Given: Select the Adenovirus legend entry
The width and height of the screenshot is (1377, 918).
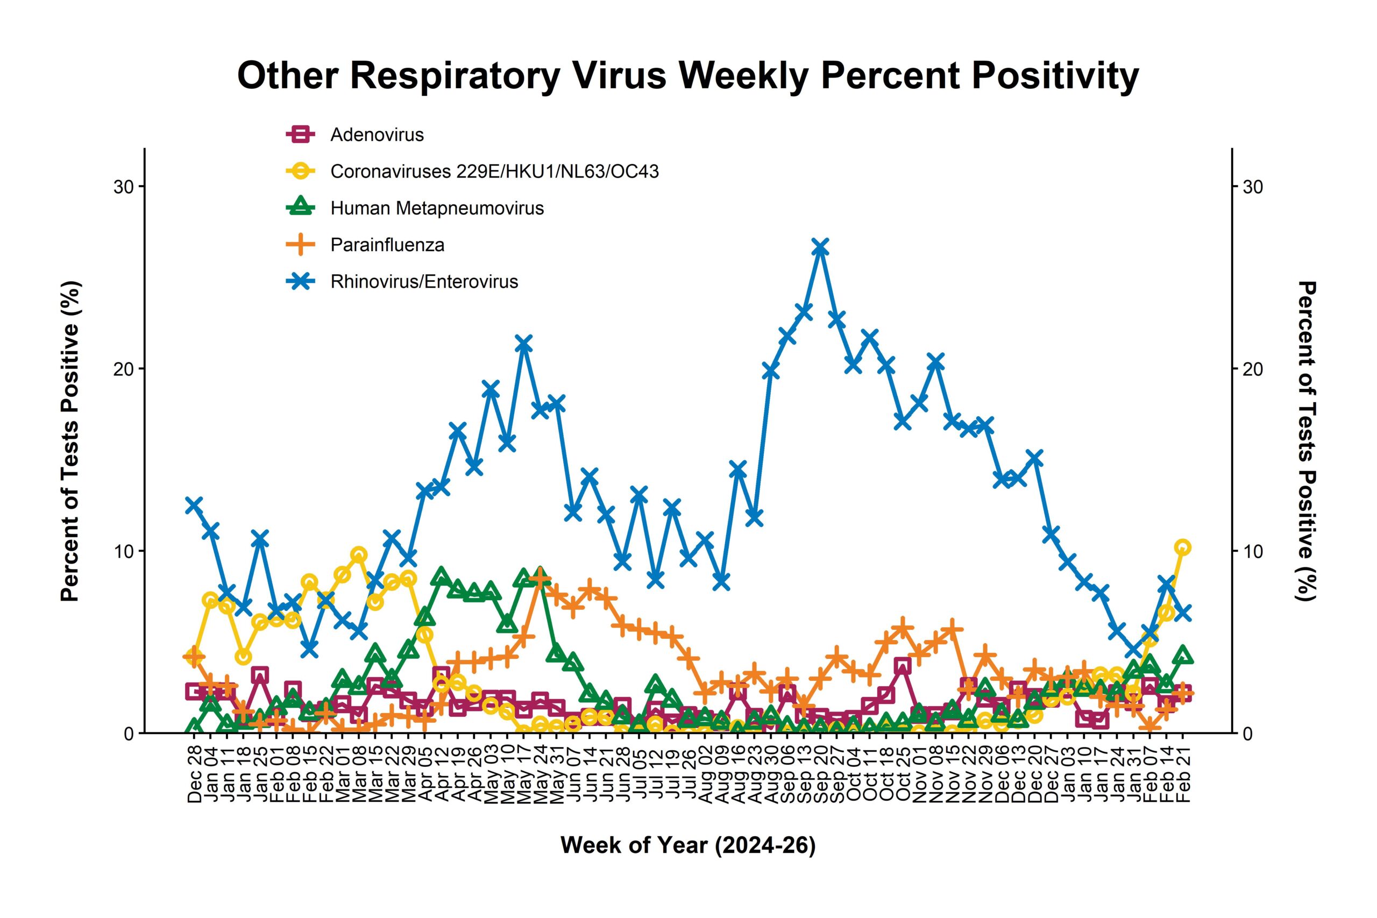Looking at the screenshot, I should coord(377,134).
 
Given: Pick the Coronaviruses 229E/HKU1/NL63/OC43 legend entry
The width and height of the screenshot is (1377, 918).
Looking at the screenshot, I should coord(494,172).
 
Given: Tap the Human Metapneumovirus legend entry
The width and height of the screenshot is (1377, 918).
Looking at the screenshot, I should coord(437,209).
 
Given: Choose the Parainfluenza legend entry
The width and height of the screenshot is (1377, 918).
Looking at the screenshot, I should coord(387,245).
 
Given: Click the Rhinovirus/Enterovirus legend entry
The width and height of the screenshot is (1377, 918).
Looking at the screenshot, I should coord(424,282).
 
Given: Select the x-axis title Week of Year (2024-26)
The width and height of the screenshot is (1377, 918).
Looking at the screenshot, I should coord(688,845).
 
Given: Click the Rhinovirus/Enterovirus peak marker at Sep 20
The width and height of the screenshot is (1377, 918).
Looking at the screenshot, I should coord(820,247).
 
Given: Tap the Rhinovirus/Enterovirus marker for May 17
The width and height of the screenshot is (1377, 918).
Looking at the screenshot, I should coord(523,345).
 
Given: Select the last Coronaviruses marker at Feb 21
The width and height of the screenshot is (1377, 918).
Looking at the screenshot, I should coord(1182,547).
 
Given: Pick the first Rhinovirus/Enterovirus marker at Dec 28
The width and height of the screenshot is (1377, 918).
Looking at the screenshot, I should coord(194,506).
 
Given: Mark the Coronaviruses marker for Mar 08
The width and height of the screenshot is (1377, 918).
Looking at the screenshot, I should coord(359,554).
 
